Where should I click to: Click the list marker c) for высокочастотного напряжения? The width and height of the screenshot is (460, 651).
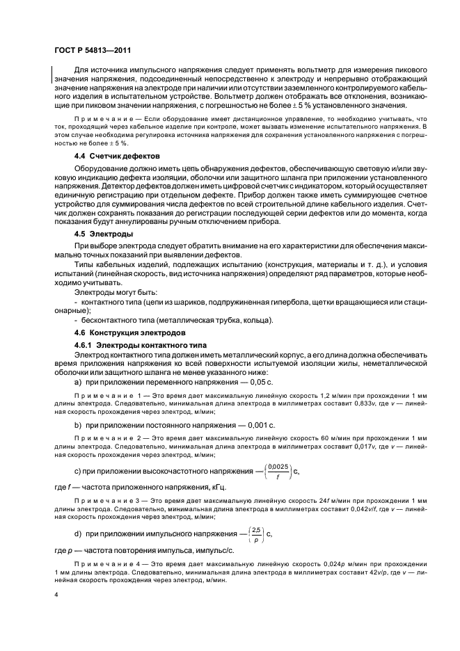coord(77,473)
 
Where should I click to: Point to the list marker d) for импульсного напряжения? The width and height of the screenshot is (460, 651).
coord(77,536)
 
